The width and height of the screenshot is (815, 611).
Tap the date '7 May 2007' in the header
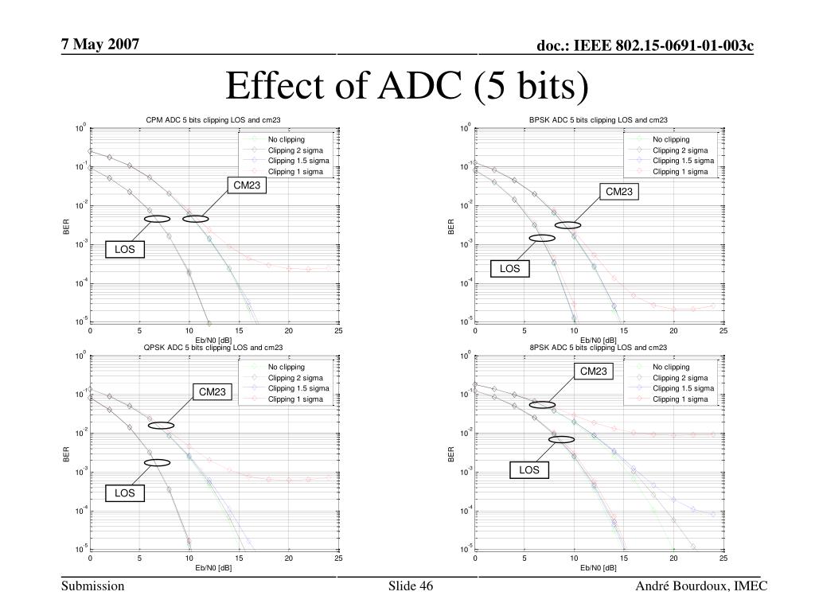tap(100, 43)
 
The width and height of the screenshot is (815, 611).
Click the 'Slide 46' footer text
tap(411, 586)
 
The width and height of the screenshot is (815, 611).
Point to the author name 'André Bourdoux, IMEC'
tap(701, 586)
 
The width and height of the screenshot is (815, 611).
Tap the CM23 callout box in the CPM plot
tap(245, 186)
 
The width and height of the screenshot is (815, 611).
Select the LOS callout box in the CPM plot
tap(125, 250)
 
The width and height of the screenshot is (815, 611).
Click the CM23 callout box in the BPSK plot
tap(619, 191)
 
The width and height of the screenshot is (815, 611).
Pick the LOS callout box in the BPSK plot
tap(510, 269)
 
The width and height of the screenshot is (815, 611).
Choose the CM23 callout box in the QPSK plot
tap(213, 391)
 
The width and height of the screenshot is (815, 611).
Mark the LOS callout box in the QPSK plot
tap(125, 493)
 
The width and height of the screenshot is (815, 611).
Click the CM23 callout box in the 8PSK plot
tap(593, 372)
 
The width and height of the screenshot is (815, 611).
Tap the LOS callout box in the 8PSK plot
tap(529, 470)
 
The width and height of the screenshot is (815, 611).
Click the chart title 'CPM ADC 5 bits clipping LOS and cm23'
tap(213, 120)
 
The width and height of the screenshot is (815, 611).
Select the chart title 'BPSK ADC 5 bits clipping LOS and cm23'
tap(599, 120)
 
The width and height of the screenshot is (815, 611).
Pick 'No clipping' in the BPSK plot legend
tap(671, 139)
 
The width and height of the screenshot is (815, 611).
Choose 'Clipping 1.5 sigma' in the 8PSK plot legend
tap(684, 388)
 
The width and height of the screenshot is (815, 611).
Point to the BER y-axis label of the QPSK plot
tap(67, 453)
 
